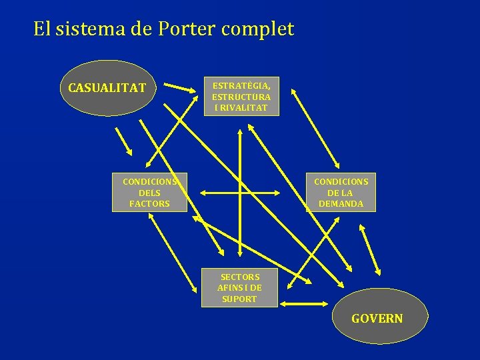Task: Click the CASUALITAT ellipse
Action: coord(107,87)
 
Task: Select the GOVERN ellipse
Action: coord(377,318)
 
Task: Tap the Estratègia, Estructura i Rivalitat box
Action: coord(241,96)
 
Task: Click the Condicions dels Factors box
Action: coord(149,193)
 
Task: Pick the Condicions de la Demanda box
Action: coord(341,193)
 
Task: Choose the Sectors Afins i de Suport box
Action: coord(239,288)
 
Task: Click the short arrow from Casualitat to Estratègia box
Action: coord(178,87)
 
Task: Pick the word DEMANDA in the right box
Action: coord(341,204)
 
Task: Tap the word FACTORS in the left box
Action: coord(149,204)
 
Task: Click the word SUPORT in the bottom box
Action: coord(239,299)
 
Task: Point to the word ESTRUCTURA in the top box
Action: coord(241,97)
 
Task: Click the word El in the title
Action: coord(41,29)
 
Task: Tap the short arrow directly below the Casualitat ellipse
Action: coord(123,139)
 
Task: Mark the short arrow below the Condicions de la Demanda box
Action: coord(370,249)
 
